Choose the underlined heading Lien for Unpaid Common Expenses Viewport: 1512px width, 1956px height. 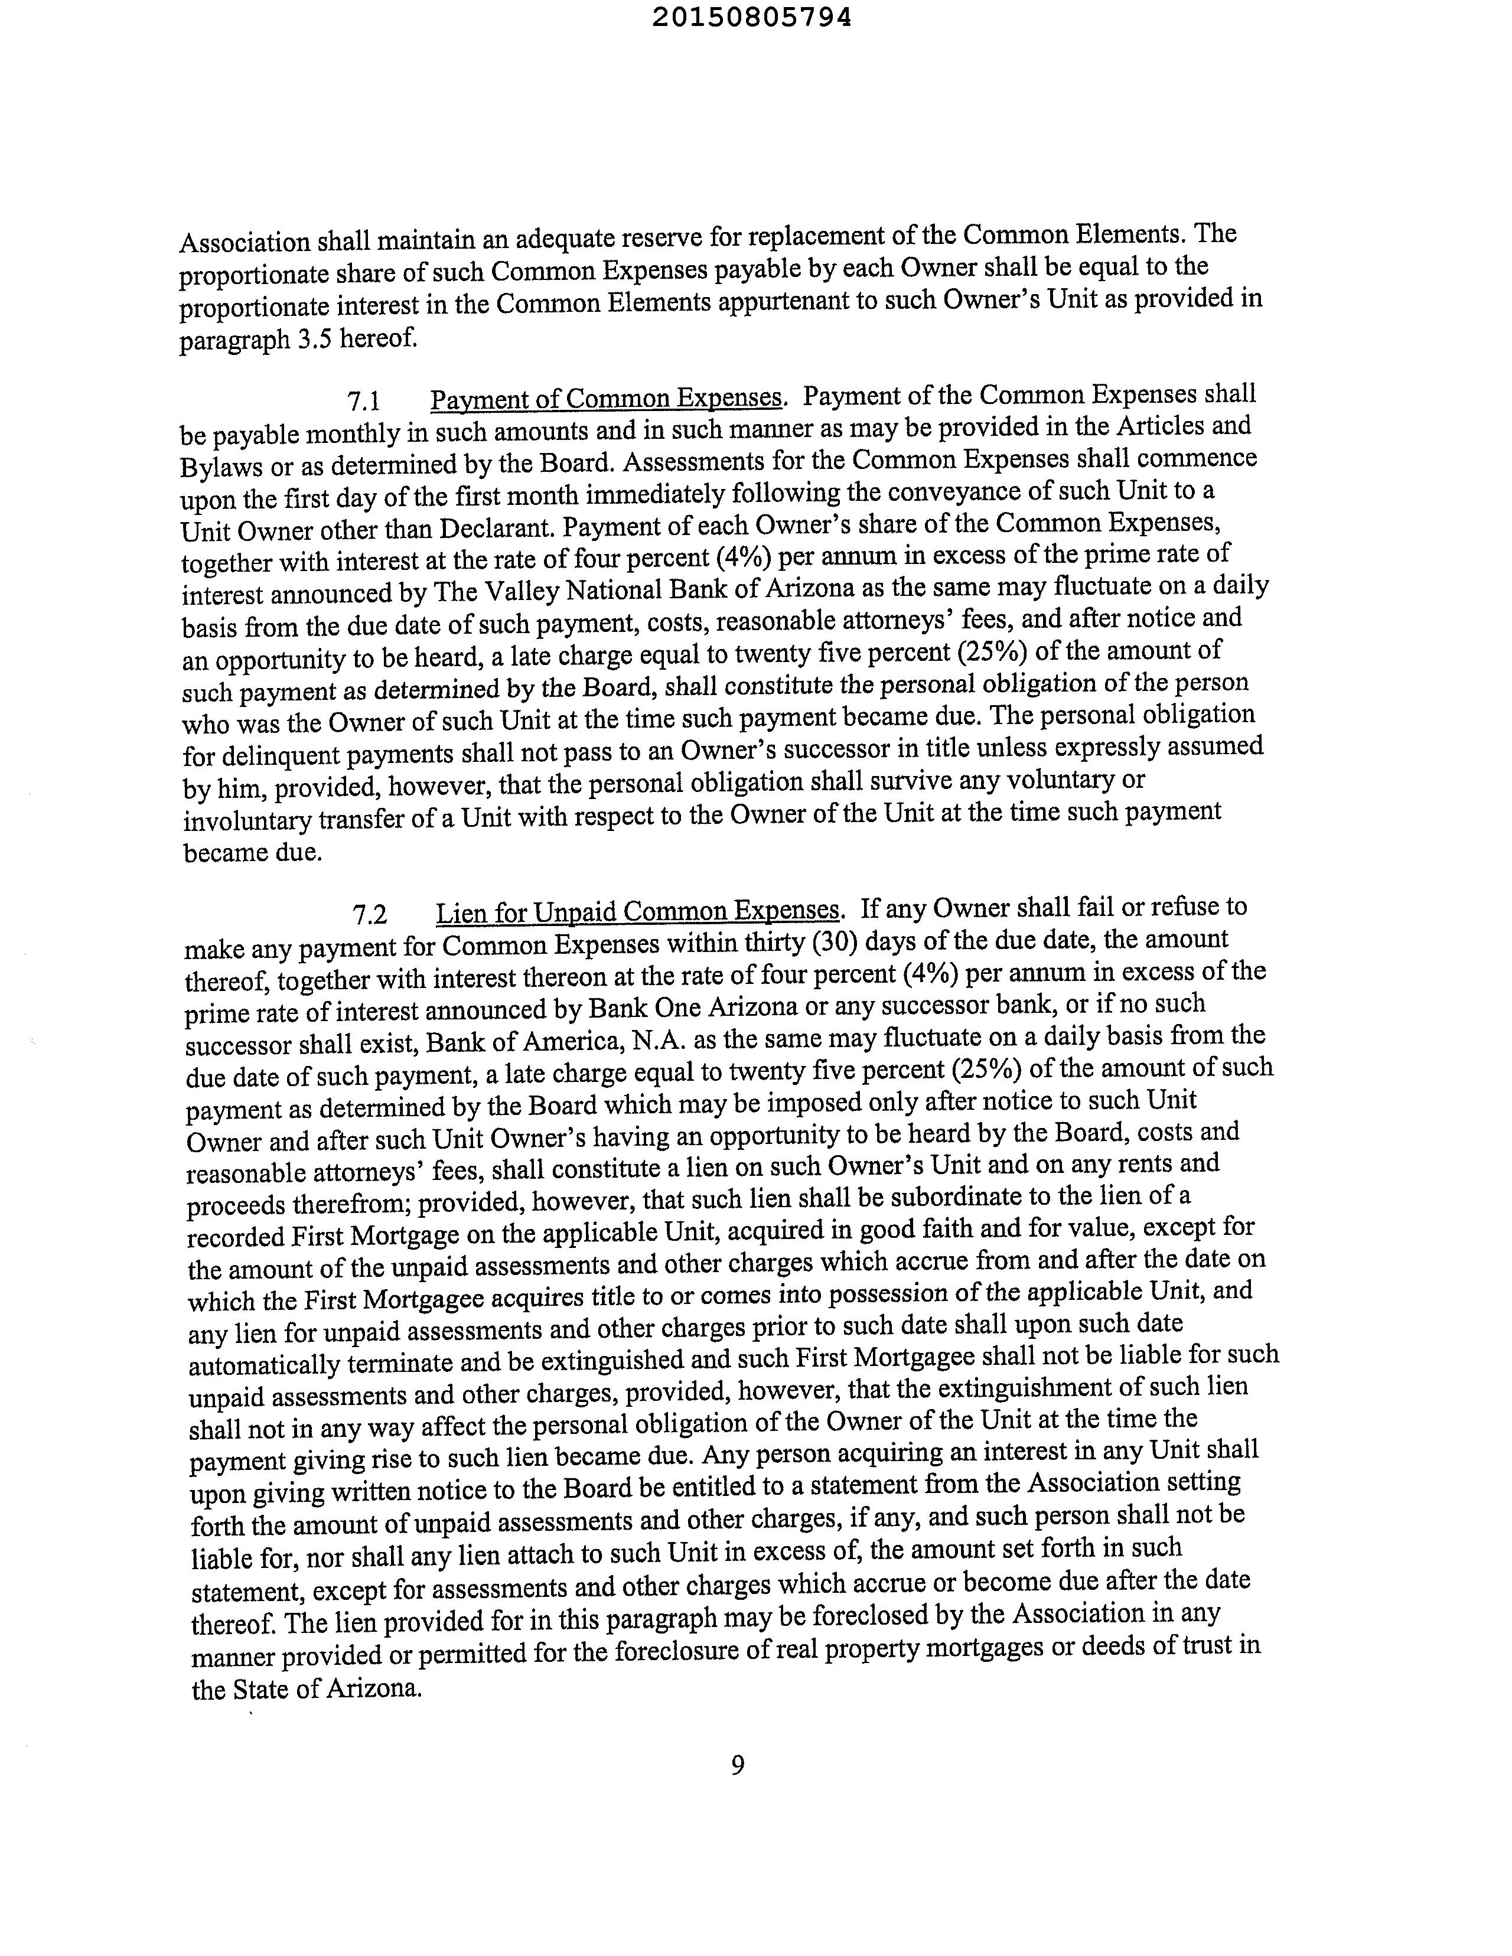(x=638, y=912)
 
